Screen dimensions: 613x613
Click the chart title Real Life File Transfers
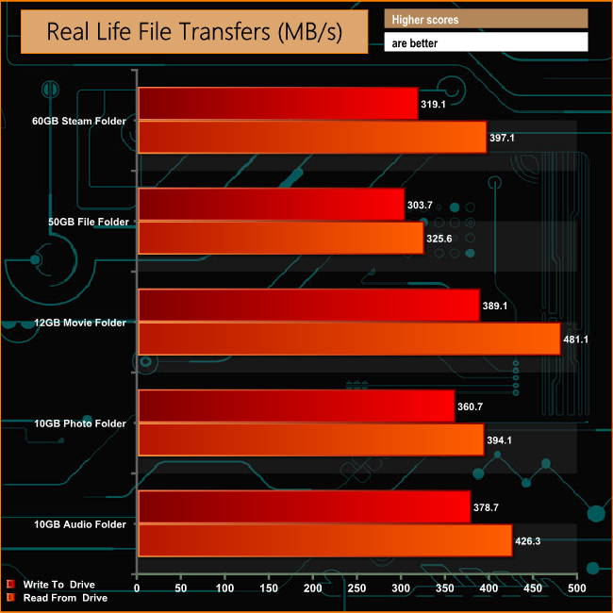tap(195, 32)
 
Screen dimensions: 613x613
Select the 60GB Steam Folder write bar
tap(277, 104)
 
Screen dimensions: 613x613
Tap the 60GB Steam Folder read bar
tap(312, 138)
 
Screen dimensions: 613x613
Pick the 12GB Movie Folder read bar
tap(349, 340)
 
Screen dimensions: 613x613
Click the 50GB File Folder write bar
tap(271, 205)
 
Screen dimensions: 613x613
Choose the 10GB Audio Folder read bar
tap(324, 541)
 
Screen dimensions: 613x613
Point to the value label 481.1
tap(576, 340)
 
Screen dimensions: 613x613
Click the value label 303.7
tap(422, 205)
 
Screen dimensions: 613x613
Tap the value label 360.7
tap(472, 406)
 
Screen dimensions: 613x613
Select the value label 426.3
tap(528, 541)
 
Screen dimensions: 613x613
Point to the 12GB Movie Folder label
tap(79, 323)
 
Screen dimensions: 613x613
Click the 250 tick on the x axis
tap(356, 589)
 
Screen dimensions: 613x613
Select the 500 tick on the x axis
tap(576, 589)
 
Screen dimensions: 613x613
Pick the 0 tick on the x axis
tap(138, 589)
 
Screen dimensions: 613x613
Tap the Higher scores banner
tap(485, 19)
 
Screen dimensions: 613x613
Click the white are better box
tap(485, 42)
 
